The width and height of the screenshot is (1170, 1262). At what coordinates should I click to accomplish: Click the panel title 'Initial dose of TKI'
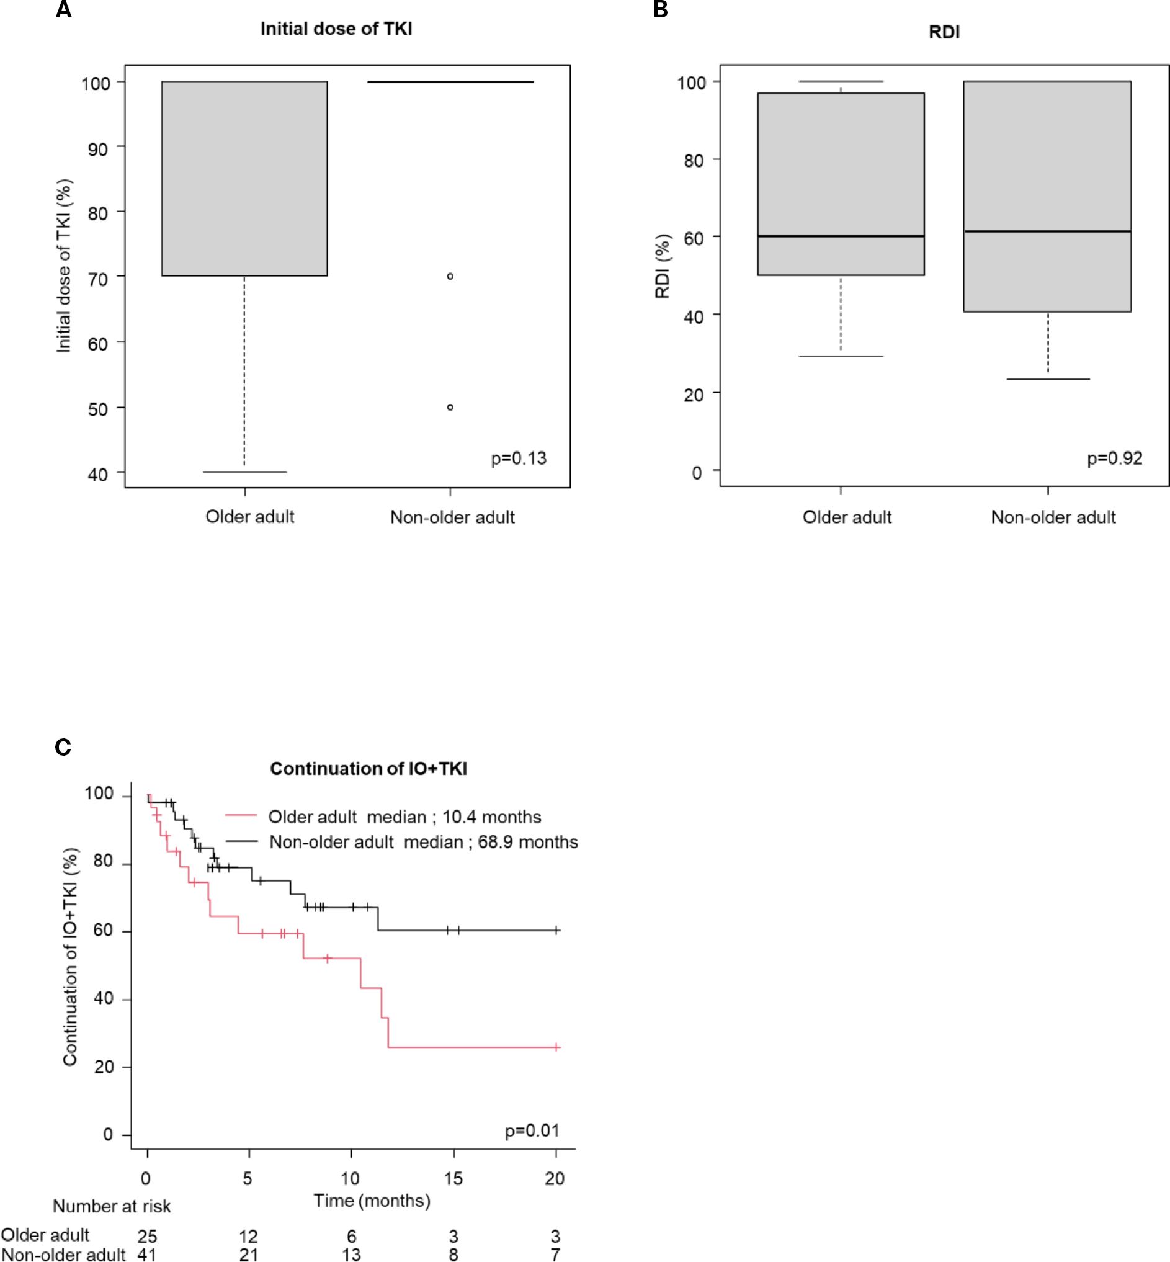[336, 29]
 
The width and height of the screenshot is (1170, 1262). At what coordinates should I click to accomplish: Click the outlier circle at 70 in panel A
[450, 277]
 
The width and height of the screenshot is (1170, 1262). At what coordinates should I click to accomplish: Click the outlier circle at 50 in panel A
[450, 407]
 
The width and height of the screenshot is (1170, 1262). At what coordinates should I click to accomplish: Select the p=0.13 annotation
[519, 458]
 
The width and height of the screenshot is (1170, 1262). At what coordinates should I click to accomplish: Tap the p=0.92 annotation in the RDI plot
[1114, 458]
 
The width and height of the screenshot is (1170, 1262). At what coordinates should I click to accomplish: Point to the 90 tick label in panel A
[97, 149]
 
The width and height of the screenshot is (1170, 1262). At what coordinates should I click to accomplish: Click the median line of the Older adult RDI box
[841, 236]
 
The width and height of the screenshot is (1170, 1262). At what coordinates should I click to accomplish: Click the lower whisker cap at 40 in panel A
[244, 472]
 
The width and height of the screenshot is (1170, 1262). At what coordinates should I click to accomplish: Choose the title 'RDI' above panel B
[944, 32]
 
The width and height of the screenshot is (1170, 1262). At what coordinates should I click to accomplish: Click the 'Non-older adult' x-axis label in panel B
[1053, 517]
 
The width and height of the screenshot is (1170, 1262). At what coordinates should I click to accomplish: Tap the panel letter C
[63, 747]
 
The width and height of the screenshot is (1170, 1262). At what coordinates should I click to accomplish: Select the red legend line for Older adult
[241, 817]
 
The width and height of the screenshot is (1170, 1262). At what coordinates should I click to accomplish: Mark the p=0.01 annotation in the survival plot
[532, 1130]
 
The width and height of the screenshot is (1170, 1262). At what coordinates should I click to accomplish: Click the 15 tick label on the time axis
[453, 1178]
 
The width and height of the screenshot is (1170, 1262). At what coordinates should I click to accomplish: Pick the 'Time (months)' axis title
[372, 1201]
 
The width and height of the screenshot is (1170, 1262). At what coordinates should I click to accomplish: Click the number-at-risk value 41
[147, 1255]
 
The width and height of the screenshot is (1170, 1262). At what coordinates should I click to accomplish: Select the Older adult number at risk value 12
[248, 1236]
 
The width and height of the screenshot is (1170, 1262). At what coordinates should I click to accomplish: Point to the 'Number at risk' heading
[112, 1206]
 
